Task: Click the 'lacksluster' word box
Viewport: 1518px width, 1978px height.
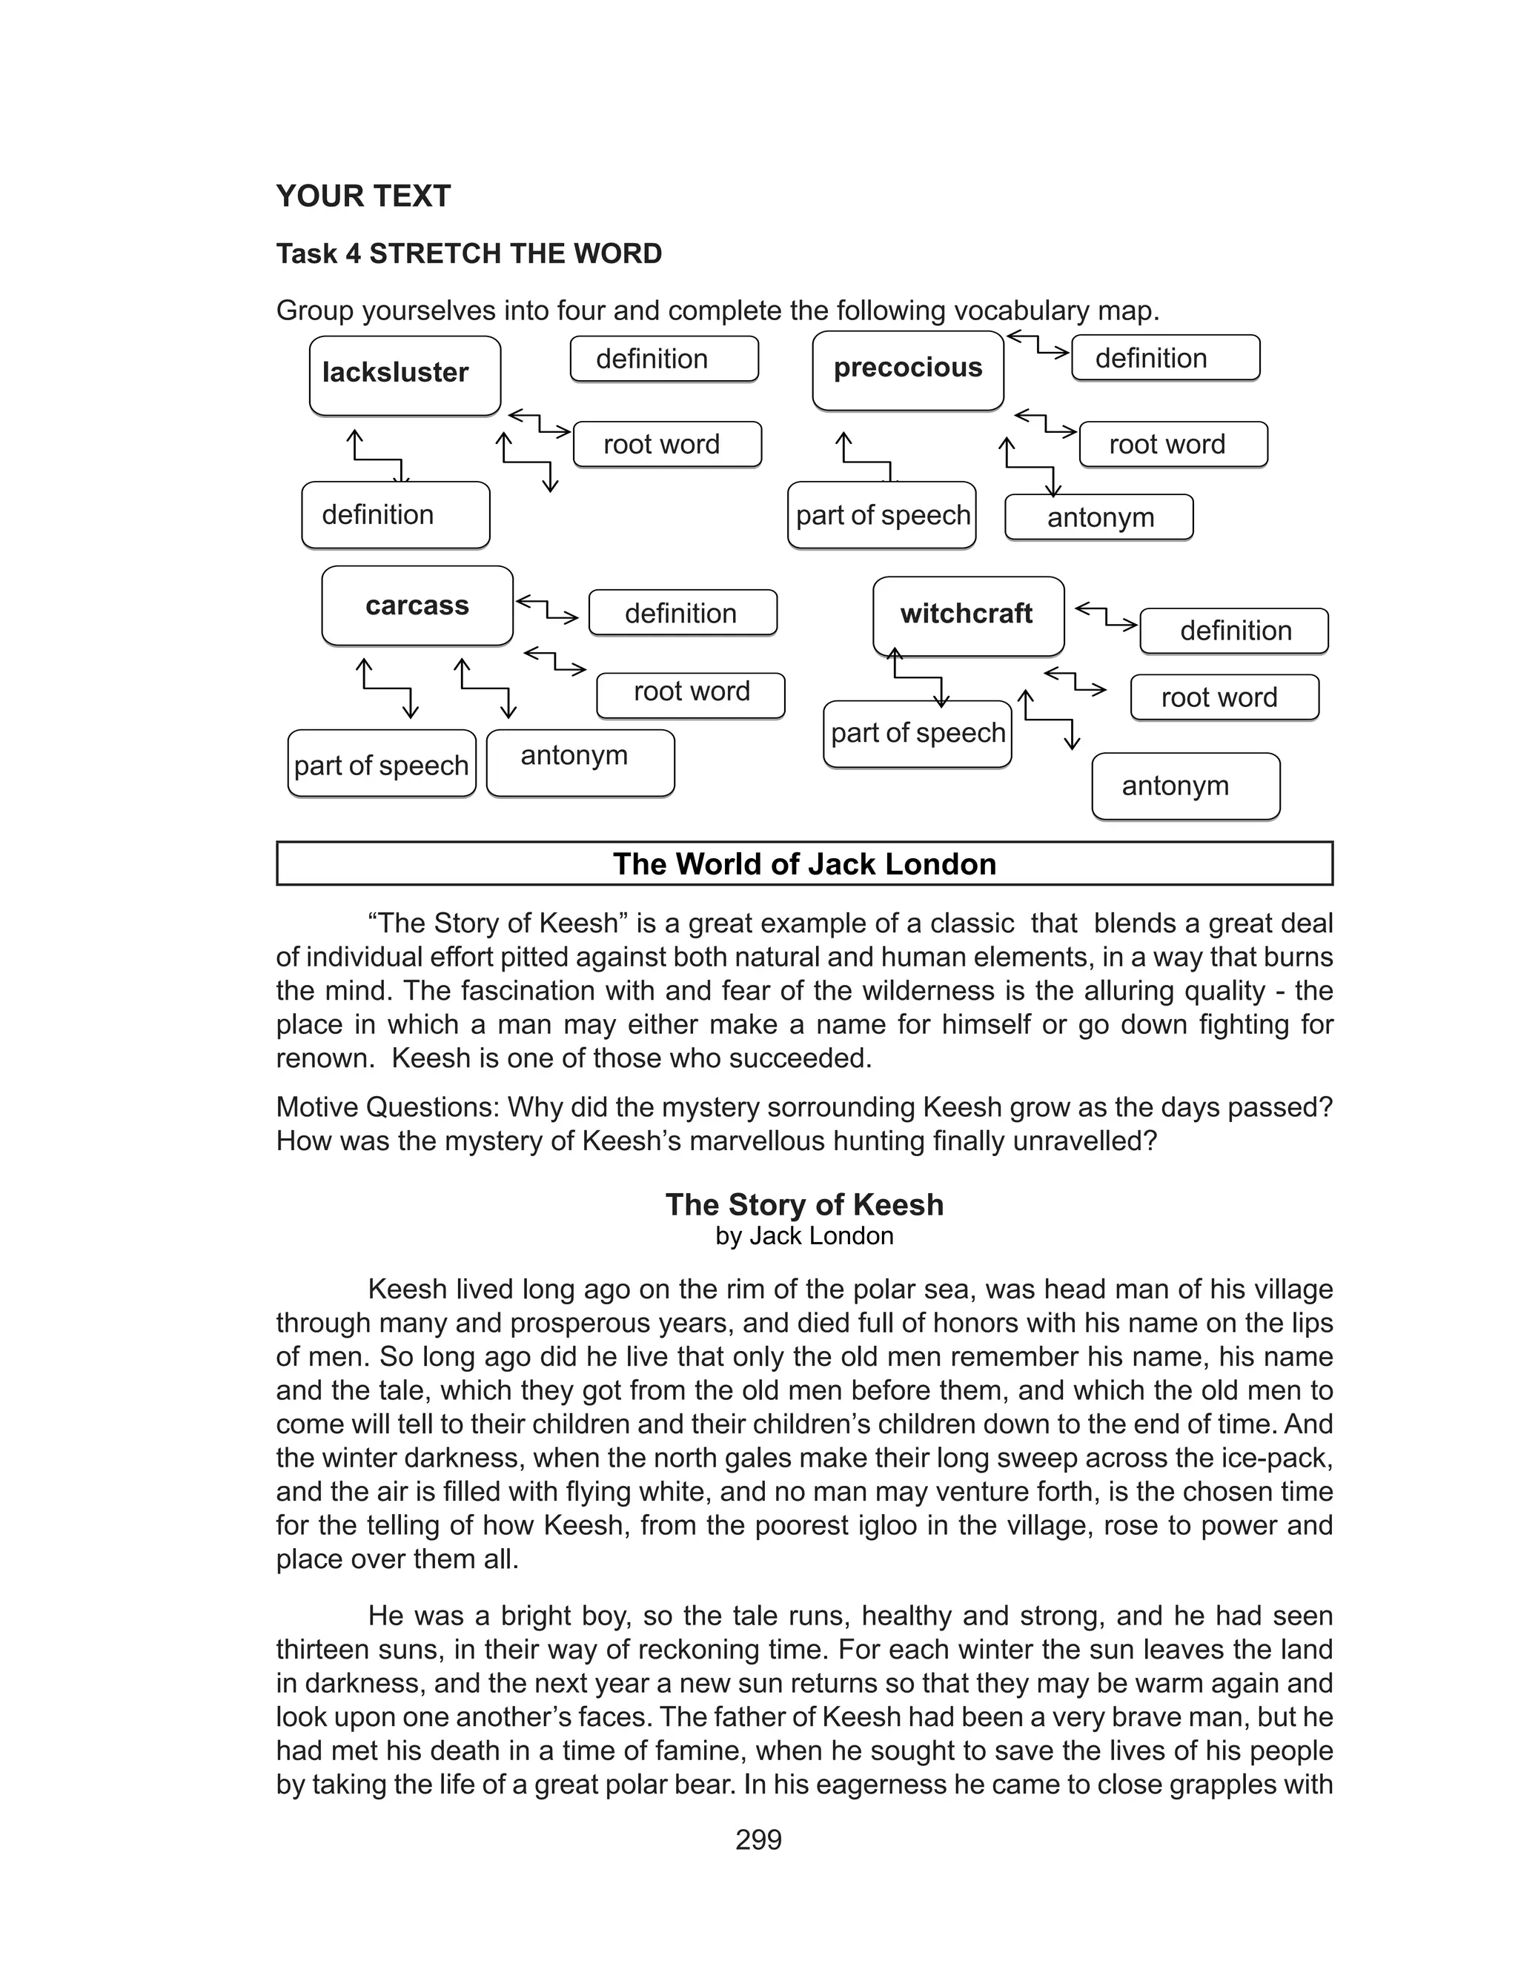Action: click(x=404, y=375)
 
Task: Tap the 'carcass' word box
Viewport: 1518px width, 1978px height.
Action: click(x=417, y=605)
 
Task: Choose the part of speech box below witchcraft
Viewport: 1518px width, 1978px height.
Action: click(x=917, y=734)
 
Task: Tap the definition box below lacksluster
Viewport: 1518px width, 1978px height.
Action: click(x=395, y=515)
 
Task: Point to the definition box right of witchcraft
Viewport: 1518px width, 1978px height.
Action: click(x=1233, y=631)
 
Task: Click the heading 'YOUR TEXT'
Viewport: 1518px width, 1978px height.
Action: click(x=363, y=196)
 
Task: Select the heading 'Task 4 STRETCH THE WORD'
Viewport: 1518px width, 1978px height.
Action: click(x=469, y=253)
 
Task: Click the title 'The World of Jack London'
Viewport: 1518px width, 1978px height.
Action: click(x=804, y=863)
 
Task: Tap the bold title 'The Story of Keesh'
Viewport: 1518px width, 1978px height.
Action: click(x=804, y=1204)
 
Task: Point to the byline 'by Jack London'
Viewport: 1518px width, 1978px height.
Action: click(x=804, y=1235)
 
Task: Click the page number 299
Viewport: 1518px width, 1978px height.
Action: click(x=758, y=1840)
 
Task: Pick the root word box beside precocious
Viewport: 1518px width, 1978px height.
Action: click(x=1172, y=445)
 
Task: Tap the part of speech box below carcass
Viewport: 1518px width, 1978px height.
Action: click(x=381, y=764)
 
